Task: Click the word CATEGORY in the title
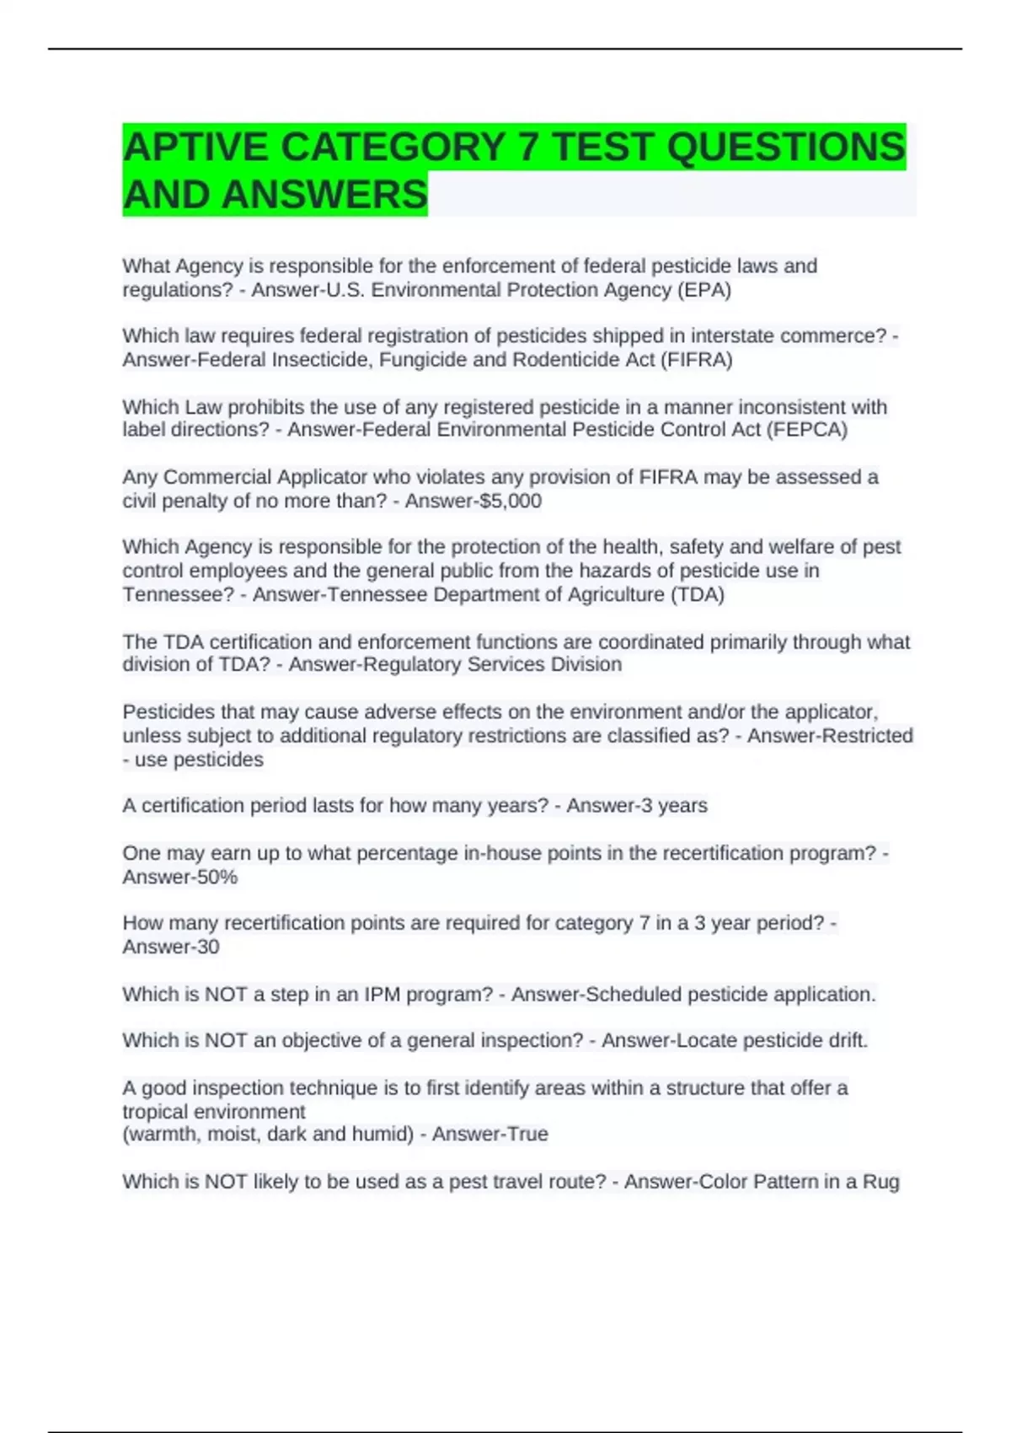[x=392, y=148]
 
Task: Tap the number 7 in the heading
[x=527, y=148]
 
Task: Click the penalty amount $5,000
[x=509, y=501]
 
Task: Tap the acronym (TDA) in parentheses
[x=697, y=594]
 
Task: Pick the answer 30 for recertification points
[x=207, y=947]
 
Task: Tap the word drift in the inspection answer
[x=848, y=1040]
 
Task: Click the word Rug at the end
[x=881, y=1182]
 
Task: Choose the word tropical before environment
[x=159, y=1112]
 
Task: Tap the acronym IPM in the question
[x=382, y=995]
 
